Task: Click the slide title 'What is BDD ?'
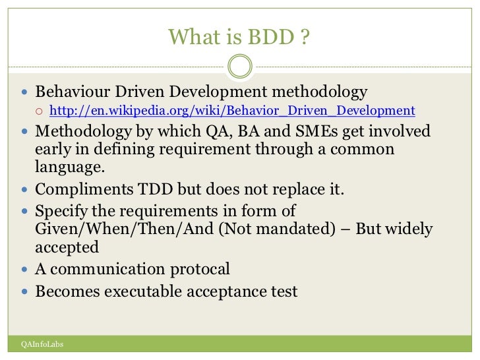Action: pos(239,37)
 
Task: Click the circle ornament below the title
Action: pos(239,66)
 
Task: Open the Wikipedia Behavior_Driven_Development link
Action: pos(232,111)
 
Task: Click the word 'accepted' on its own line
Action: pos(67,247)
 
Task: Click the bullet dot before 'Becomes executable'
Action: pos(25,291)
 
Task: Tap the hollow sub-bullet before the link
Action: pos(40,111)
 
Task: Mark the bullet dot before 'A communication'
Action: pos(25,269)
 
